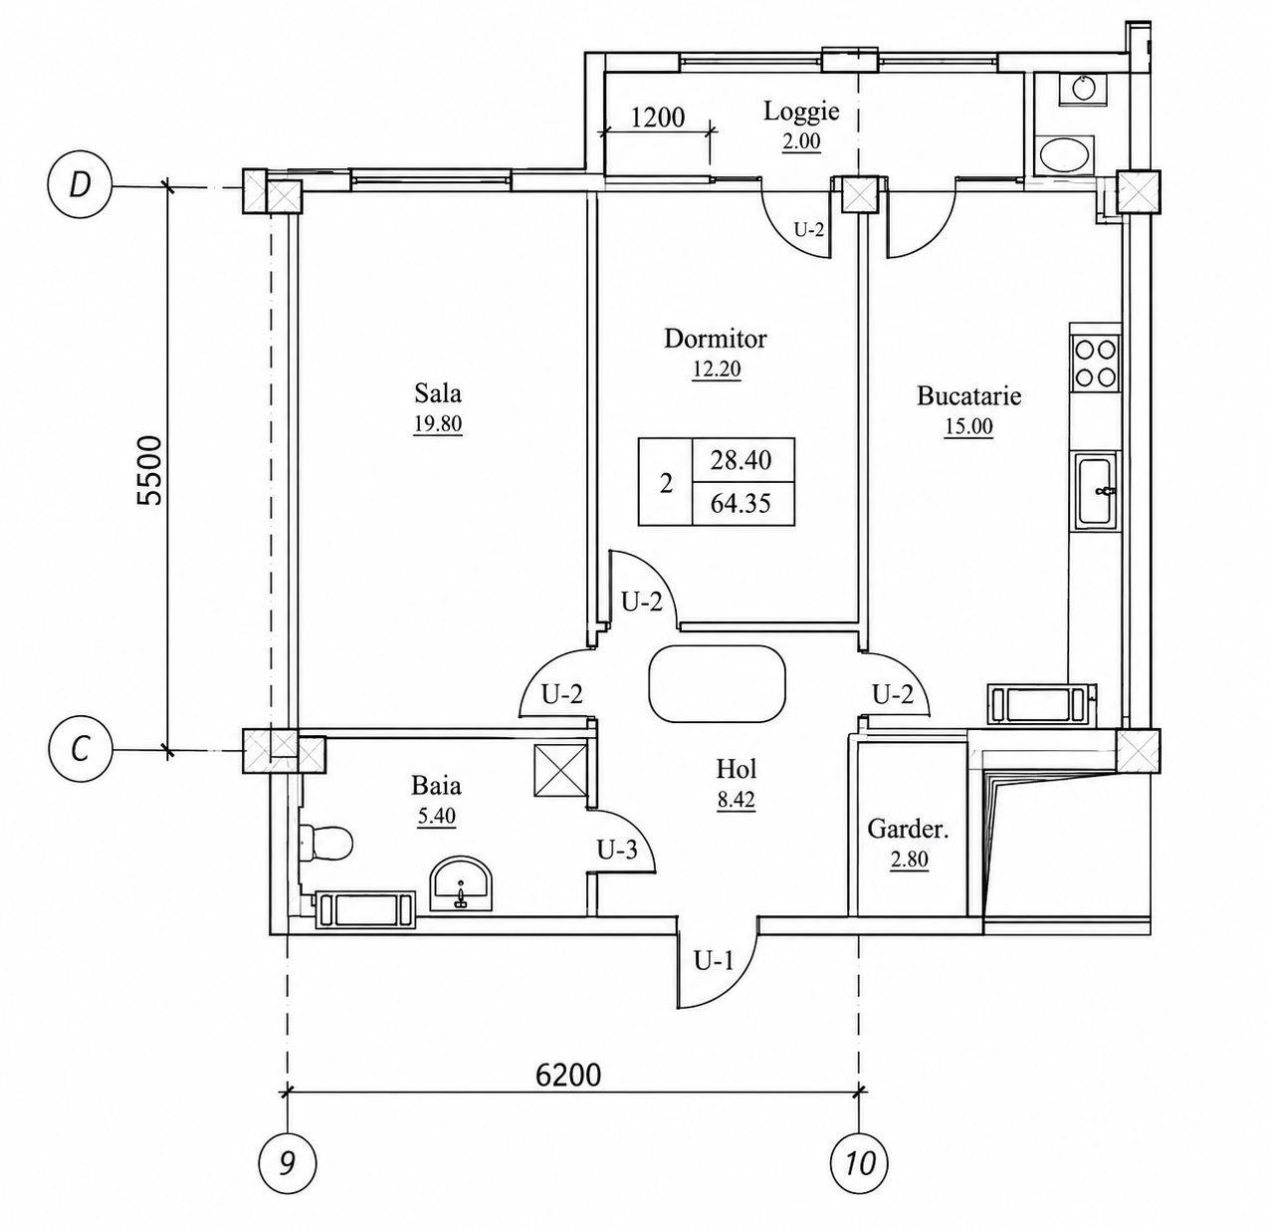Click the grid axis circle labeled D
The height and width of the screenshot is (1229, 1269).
(79, 186)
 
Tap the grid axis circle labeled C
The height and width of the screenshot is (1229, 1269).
(79, 751)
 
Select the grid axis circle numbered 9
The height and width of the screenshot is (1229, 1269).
(287, 1163)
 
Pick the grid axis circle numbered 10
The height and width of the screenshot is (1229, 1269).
(859, 1163)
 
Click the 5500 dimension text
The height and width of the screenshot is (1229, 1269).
(150, 469)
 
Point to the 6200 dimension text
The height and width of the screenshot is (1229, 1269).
(568, 1075)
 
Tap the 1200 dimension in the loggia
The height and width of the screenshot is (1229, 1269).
(658, 118)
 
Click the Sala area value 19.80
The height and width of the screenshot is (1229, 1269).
(438, 424)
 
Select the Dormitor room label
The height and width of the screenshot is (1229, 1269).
(716, 340)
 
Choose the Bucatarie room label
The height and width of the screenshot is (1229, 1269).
(969, 396)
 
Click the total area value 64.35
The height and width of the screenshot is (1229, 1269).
(740, 503)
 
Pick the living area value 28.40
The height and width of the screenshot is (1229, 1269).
(740, 460)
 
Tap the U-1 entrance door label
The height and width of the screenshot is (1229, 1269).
(714, 961)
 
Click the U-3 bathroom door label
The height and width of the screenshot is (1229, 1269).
(617, 850)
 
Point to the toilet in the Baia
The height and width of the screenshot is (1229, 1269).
(326, 842)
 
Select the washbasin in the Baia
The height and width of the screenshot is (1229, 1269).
(462, 885)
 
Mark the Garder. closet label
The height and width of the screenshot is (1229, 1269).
(908, 831)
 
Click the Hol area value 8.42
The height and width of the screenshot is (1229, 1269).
(737, 800)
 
